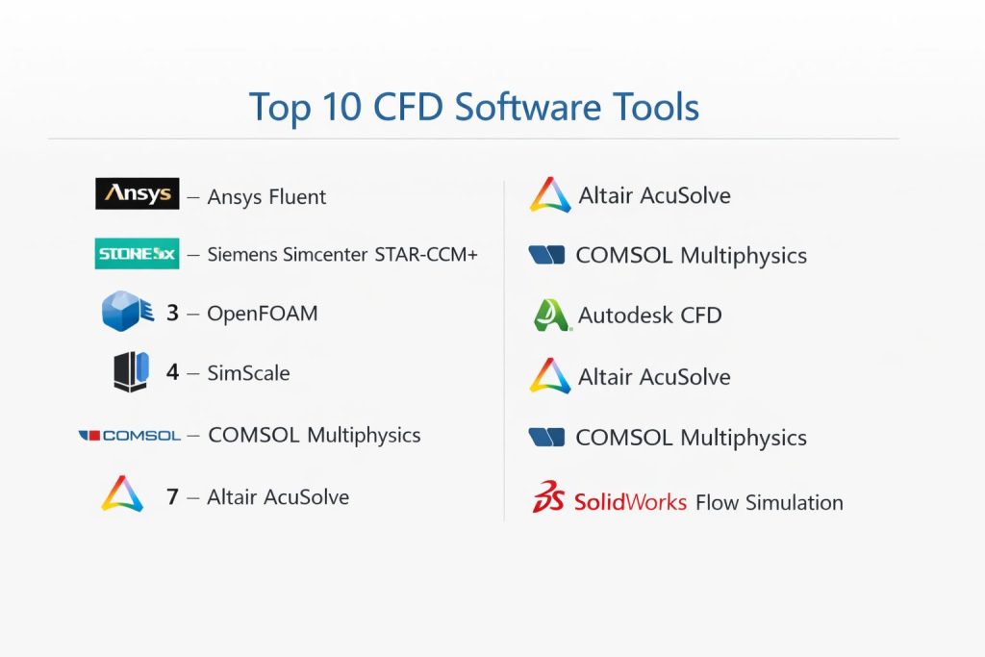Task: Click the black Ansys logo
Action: [x=137, y=193]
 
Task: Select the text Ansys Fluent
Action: [x=266, y=197]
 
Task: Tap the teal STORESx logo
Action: [x=137, y=254]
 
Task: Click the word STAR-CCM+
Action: [x=426, y=254]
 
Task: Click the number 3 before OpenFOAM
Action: [x=173, y=313]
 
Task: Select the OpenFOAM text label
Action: [x=263, y=314]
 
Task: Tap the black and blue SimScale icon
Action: [x=131, y=372]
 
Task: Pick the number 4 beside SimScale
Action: [x=173, y=372]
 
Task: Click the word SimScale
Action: [x=249, y=373]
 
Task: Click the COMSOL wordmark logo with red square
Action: [x=130, y=436]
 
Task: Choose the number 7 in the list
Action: [x=173, y=496]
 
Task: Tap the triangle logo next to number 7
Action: [x=122, y=493]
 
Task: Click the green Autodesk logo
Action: [x=551, y=315]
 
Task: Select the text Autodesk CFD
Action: [x=650, y=316]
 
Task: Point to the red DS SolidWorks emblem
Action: [x=548, y=496]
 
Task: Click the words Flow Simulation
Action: [x=770, y=502]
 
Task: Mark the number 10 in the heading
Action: [x=342, y=107]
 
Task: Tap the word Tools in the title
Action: [x=656, y=107]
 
